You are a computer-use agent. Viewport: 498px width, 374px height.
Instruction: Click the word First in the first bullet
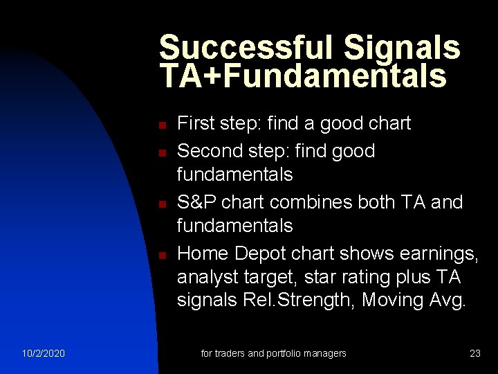196,124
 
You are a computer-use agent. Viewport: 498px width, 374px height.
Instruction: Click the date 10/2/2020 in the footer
43,353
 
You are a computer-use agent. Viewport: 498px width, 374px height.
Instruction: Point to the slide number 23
475,353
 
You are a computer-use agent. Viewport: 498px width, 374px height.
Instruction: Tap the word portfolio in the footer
287,353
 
